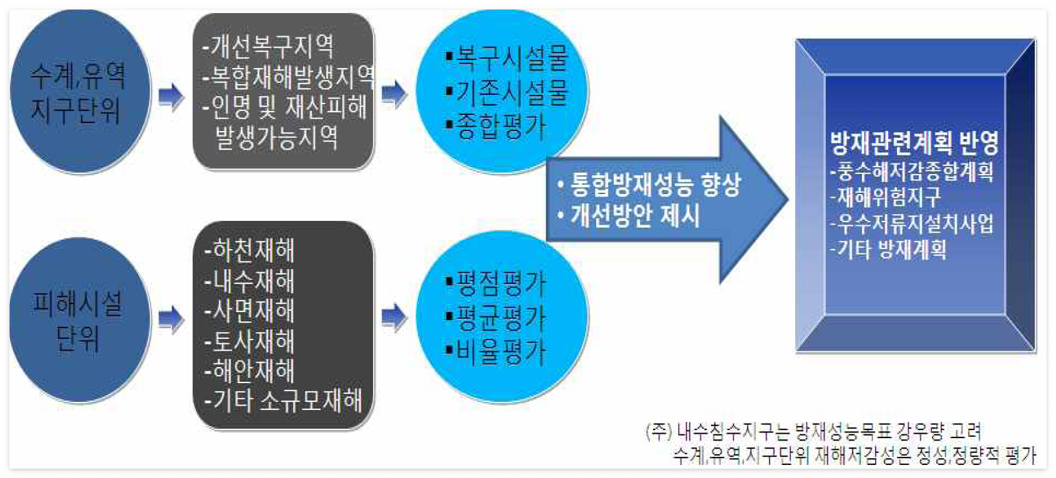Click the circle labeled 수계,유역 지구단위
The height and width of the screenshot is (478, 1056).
coord(79,92)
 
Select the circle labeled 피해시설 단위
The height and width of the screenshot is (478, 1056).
coord(79,320)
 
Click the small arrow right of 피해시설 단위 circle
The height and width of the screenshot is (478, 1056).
coord(171,319)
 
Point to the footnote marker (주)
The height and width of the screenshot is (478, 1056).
coord(659,431)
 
